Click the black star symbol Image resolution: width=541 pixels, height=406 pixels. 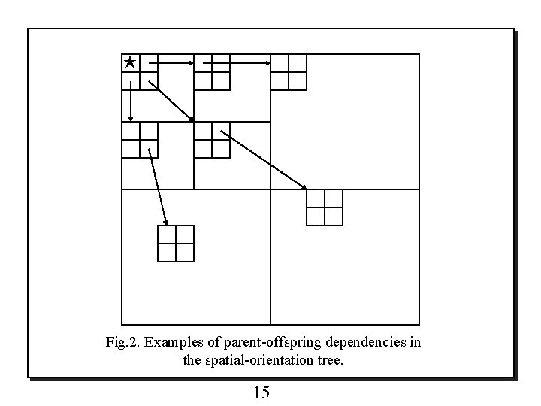[x=130, y=62]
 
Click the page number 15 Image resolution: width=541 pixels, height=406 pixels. [x=262, y=392]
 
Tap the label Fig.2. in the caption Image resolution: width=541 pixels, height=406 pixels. [x=122, y=343]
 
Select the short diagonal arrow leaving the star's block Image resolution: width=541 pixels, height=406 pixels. [x=171, y=100]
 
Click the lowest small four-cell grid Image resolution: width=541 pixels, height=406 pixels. [x=176, y=244]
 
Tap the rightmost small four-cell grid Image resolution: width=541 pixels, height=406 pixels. [x=325, y=208]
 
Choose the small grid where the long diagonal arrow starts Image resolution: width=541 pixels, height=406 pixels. [x=212, y=140]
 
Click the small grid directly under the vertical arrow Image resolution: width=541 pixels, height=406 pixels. [x=140, y=140]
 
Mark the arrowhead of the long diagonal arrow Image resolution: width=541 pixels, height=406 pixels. [x=304, y=187]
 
